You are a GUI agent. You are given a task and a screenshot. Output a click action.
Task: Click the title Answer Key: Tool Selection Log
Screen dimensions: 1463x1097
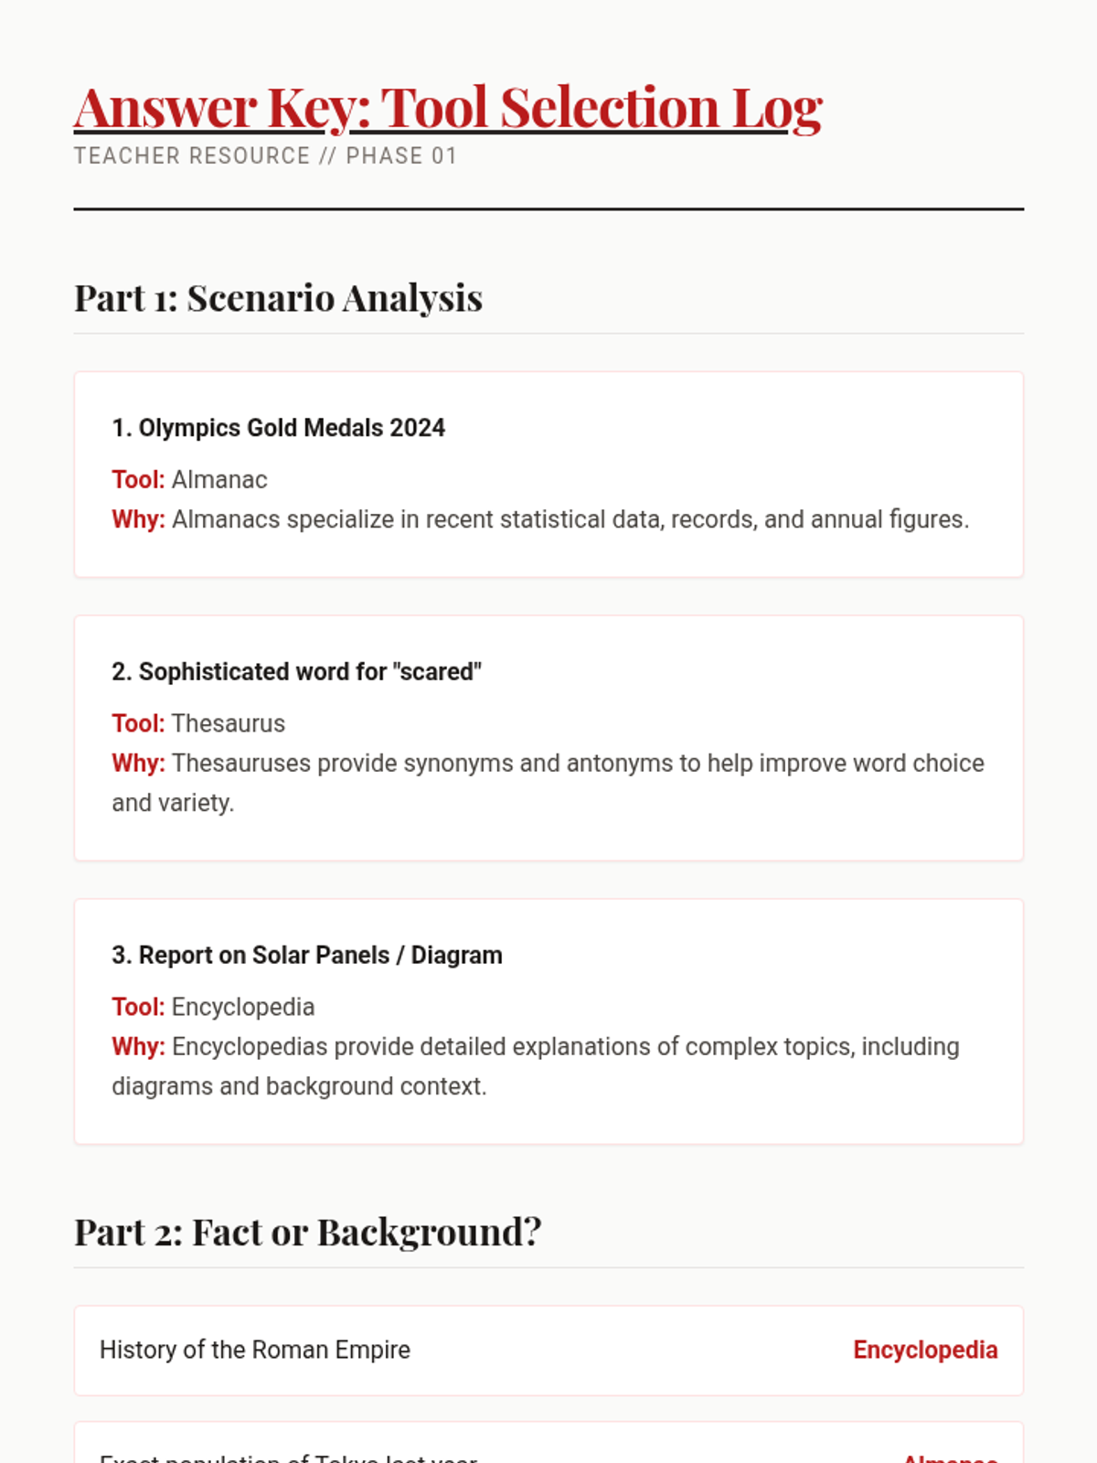click(x=448, y=108)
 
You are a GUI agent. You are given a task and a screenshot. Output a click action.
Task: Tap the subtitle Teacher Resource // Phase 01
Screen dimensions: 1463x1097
click(x=265, y=156)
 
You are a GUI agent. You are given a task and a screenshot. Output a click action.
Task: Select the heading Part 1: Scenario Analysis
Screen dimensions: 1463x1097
click(x=278, y=298)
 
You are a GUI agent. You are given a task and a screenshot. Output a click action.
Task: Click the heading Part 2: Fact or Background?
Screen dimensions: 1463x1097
click(x=307, y=1233)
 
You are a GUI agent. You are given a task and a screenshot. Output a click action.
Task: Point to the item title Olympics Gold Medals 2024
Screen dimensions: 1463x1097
click(x=278, y=428)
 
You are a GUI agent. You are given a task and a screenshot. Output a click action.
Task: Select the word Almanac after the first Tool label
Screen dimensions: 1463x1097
click(x=219, y=480)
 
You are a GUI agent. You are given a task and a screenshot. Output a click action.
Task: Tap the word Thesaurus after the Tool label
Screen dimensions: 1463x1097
click(x=229, y=724)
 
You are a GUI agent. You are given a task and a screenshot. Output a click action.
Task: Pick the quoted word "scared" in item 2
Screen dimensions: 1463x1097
click(x=437, y=672)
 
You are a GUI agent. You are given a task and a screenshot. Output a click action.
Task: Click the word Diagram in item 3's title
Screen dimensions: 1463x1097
click(x=456, y=956)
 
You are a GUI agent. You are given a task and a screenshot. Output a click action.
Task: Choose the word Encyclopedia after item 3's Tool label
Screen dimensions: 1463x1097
click(x=243, y=1008)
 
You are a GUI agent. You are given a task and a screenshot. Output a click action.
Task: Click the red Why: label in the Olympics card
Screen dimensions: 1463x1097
click(x=138, y=519)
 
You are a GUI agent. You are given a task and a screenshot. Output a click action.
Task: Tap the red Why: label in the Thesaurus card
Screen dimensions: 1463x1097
click(x=138, y=764)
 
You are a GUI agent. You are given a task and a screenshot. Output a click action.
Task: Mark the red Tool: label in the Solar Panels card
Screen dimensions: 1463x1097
click(x=138, y=1008)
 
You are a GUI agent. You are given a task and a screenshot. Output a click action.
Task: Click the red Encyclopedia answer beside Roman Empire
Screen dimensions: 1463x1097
click(x=925, y=1351)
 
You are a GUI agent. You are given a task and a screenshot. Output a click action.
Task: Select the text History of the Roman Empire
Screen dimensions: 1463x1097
click(x=255, y=1351)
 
